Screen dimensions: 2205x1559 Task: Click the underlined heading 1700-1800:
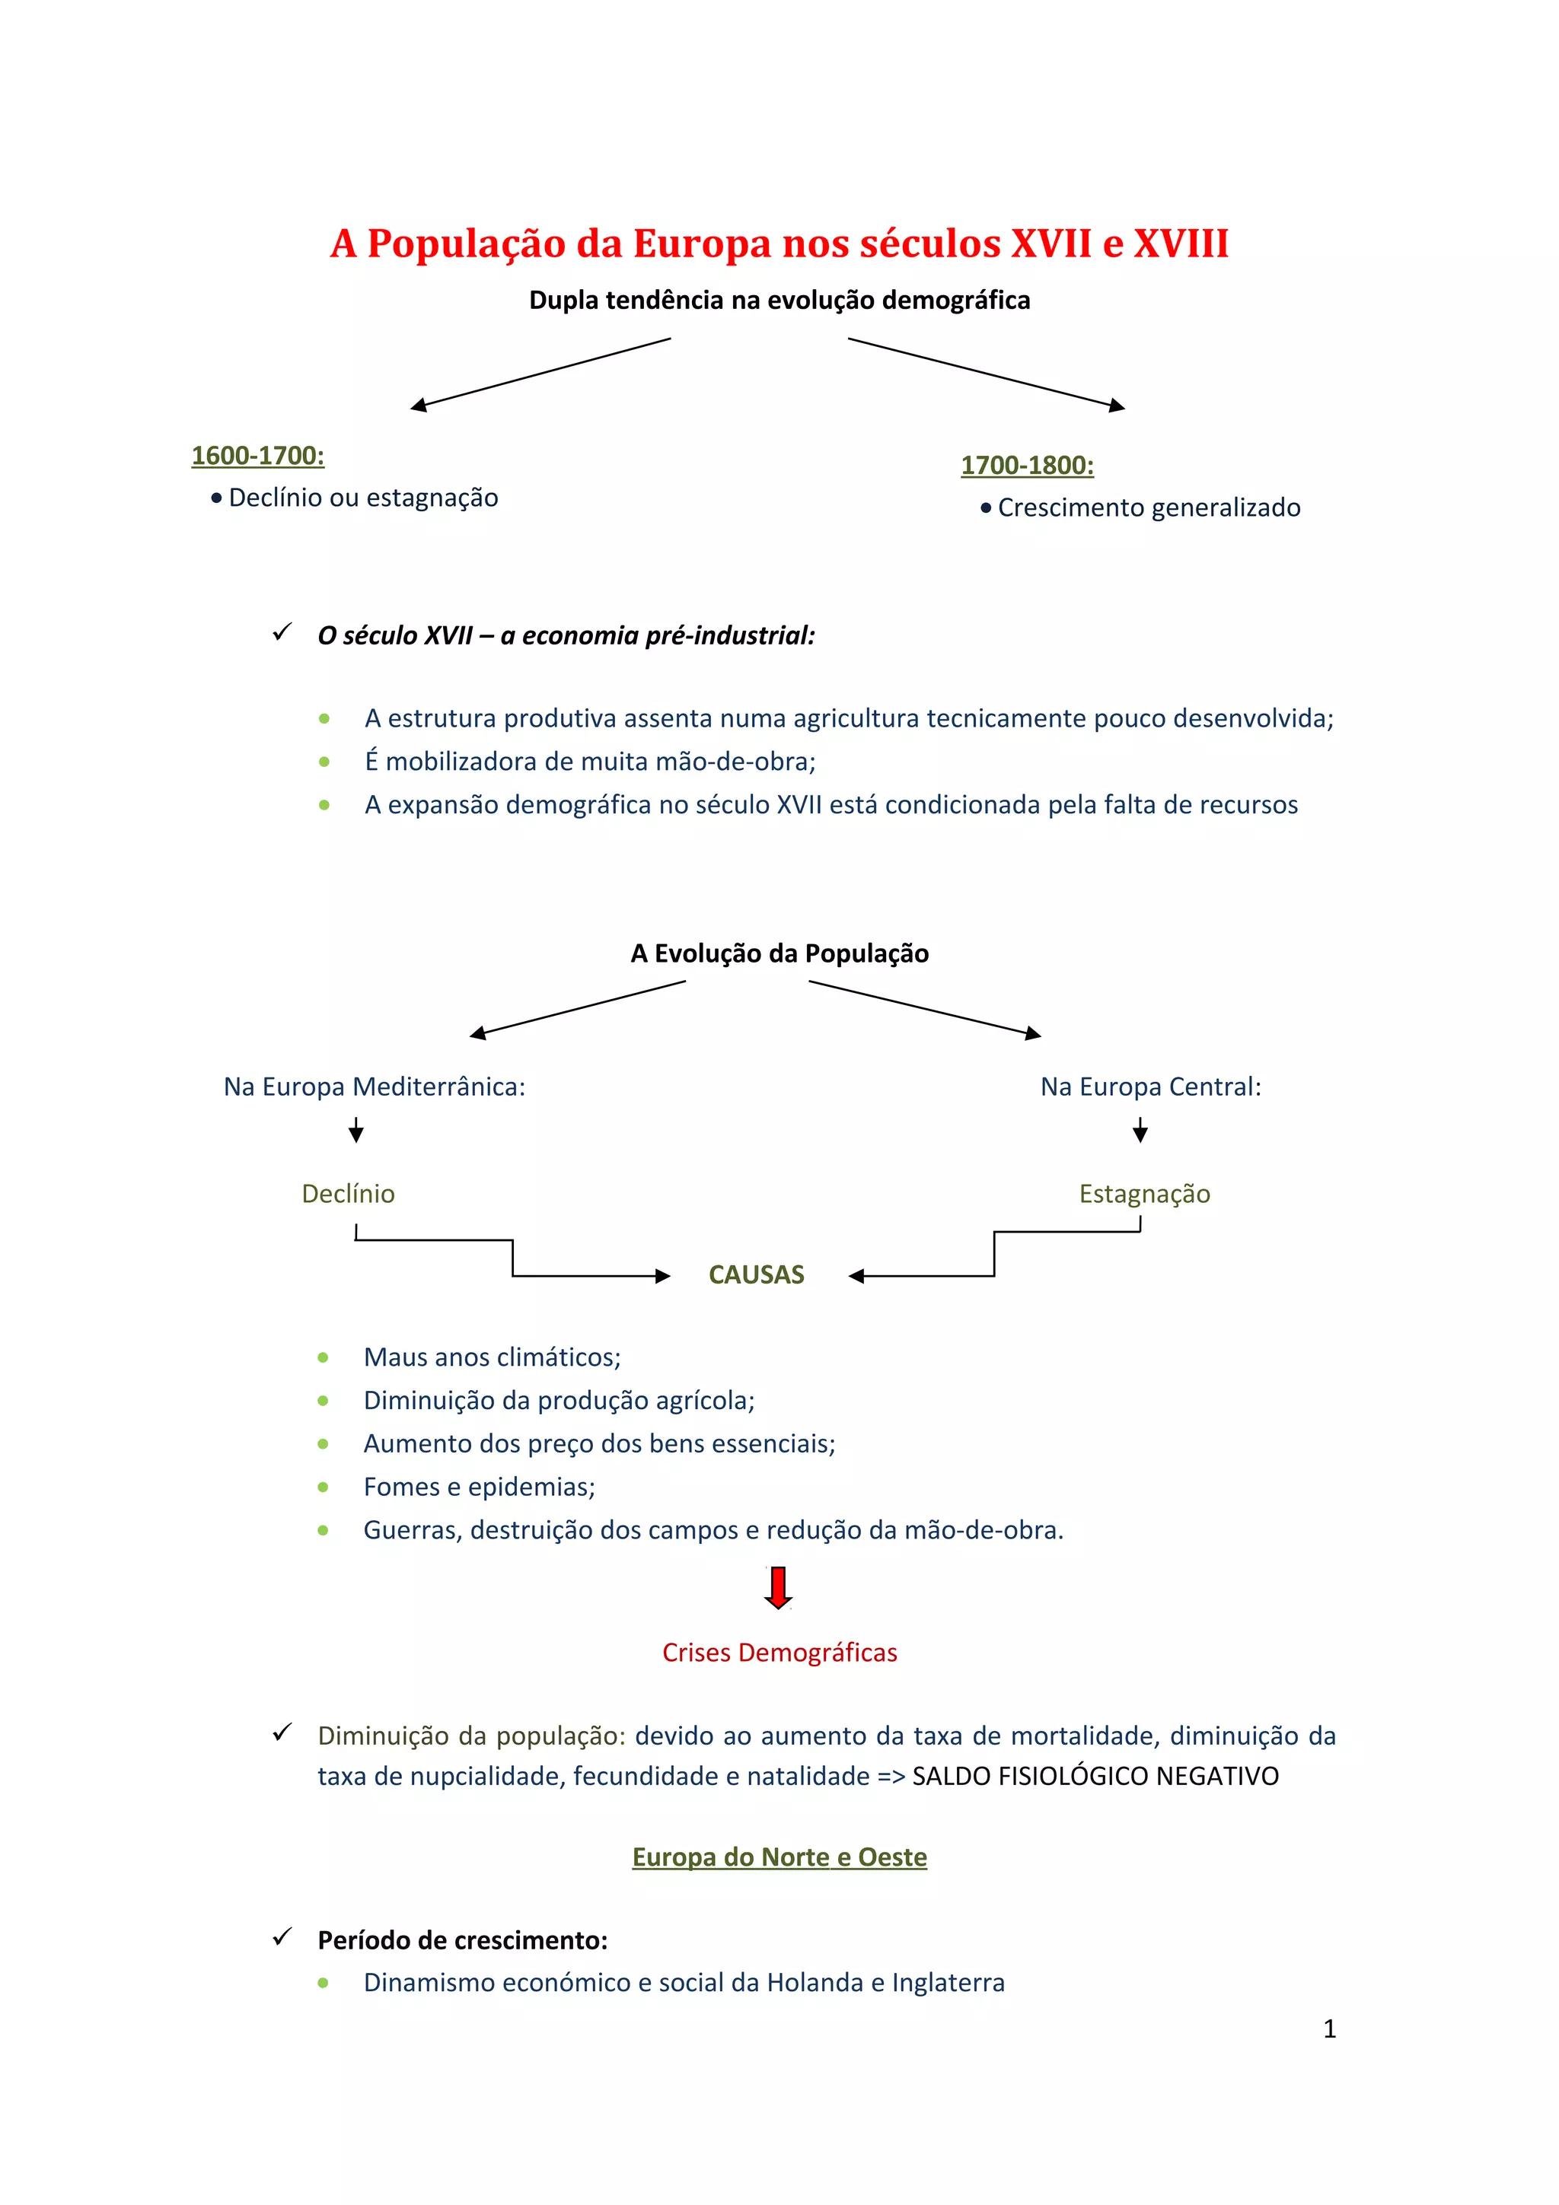1027,466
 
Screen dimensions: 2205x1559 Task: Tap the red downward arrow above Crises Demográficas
778,1586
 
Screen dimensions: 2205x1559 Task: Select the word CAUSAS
756,1274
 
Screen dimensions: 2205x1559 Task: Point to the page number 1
1329,2028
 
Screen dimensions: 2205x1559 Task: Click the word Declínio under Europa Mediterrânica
348,1194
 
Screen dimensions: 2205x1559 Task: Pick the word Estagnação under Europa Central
1144,1194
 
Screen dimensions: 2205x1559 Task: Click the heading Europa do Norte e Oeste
779,1857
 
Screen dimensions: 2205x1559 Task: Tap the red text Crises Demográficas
779,1653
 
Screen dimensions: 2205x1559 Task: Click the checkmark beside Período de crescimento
282,1937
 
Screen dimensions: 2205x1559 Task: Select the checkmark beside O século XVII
282,633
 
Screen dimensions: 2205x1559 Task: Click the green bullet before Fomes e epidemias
323,1487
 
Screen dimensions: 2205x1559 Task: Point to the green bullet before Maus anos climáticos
323,1358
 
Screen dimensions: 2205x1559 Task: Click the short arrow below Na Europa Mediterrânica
356,1131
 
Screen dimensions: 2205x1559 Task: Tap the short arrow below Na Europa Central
1140,1131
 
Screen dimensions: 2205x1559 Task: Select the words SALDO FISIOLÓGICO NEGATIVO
1095,1777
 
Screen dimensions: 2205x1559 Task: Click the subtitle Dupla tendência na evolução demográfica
779,301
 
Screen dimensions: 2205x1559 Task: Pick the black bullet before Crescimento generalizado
986,508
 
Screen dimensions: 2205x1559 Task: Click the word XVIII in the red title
1181,244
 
